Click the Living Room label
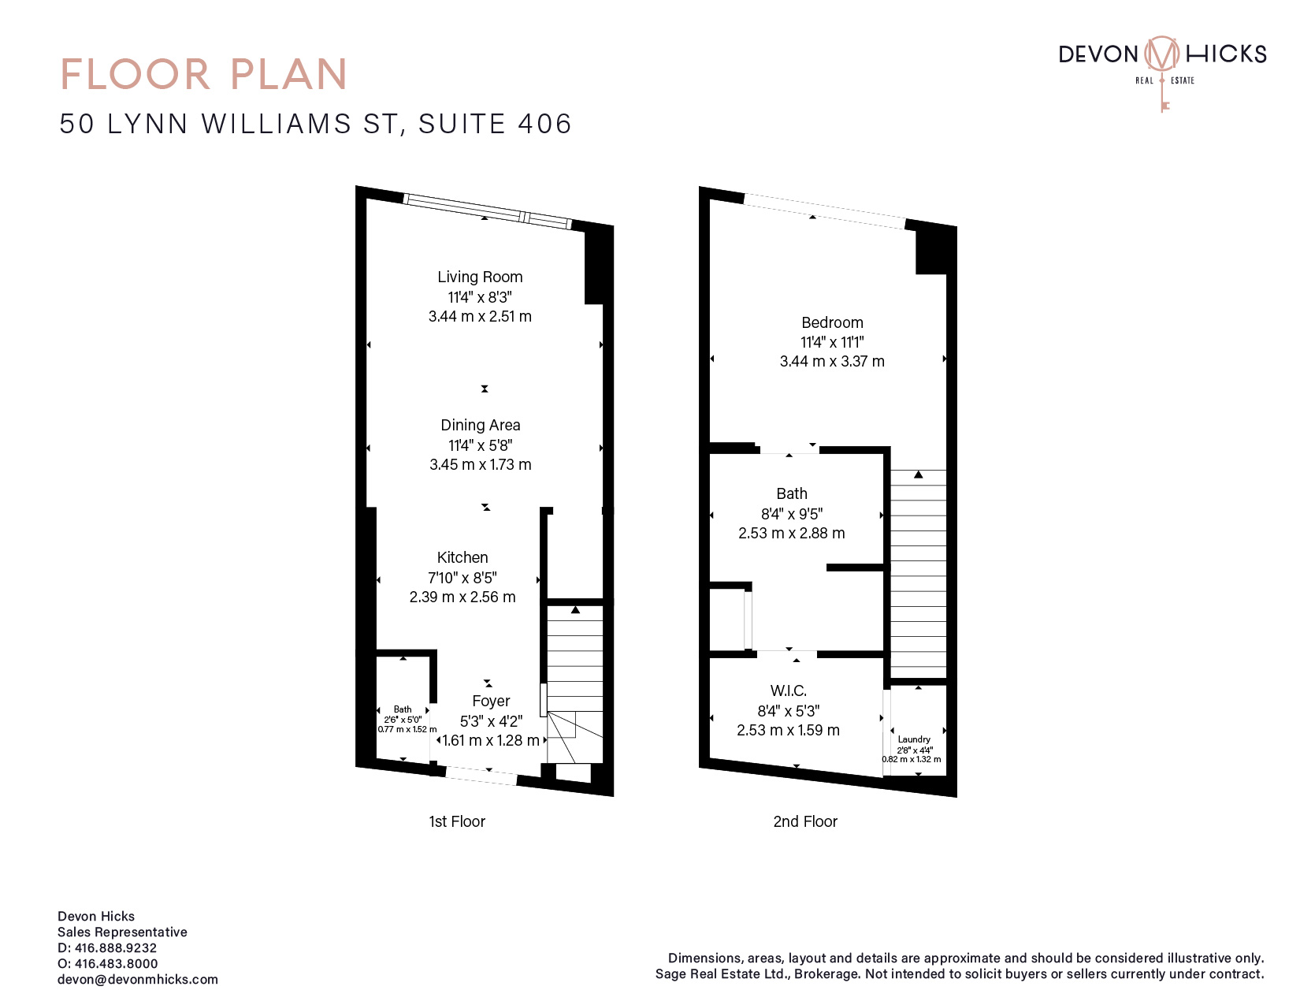pyautogui.click(x=480, y=277)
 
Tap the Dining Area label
pyautogui.click(x=481, y=425)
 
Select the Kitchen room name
pyautogui.click(x=462, y=557)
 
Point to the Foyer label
pyautogui.click(x=491, y=701)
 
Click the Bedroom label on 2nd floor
pyautogui.click(x=832, y=322)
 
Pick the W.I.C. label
pyautogui.click(x=789, y=690)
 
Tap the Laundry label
pyautogui.click(x=914, y=739)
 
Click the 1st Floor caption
pyautogui.click(x=457, y=821)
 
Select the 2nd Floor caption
pyautogui.click(x=805, y=821)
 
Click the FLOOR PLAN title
pyautogui.click(x=204, y=74)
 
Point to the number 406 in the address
pyautogui.click(x=544, y=124)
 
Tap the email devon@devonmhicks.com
pyautogui.click(x=138, y=979)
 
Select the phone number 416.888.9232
pyautogui.click(x=116, y=948)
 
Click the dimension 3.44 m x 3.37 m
pyautogui.click(x=832, y=362)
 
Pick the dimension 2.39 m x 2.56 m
pyautogui.click(x=462, y=597)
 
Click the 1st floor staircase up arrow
pyautogui.click(x=575, y=610)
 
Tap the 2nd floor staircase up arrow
pyautogui.click(x=919, y=475)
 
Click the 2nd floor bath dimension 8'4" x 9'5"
pyautogui.click(x=792, y=514)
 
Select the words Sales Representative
pyautogui.click(x=122, y=932)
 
